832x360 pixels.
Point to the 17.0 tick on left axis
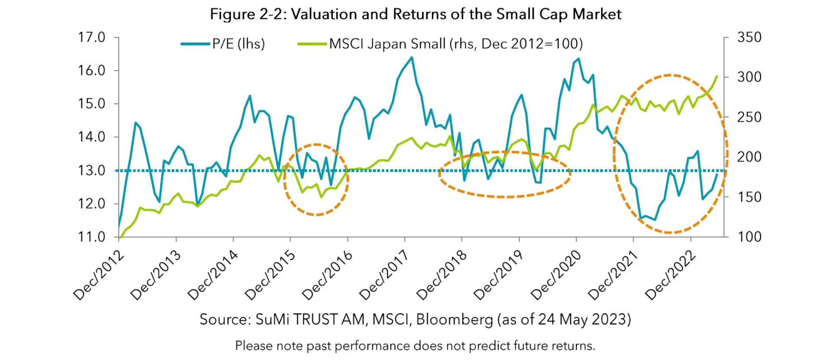[x=91, y=38]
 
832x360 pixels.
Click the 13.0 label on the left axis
[x=91, y=170]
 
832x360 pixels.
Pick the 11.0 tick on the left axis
[x=91, y=237]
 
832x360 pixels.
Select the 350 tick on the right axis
[x=749, y=38]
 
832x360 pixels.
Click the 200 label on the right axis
[x=749, y=157]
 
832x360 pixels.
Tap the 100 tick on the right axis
[x=749, y=237]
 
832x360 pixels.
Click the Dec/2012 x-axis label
[x=99, y=276]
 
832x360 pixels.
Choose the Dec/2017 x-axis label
[x=385, y=276]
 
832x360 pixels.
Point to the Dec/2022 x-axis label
[x=670, y=276]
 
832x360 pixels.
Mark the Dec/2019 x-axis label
[x=499, y=276]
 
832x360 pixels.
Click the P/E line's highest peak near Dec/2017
[x=412, y=57]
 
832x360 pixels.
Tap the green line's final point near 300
[x=717, y=76]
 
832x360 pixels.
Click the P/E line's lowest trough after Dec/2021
[x=655, y=220]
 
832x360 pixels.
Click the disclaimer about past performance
[x=415, y=346]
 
